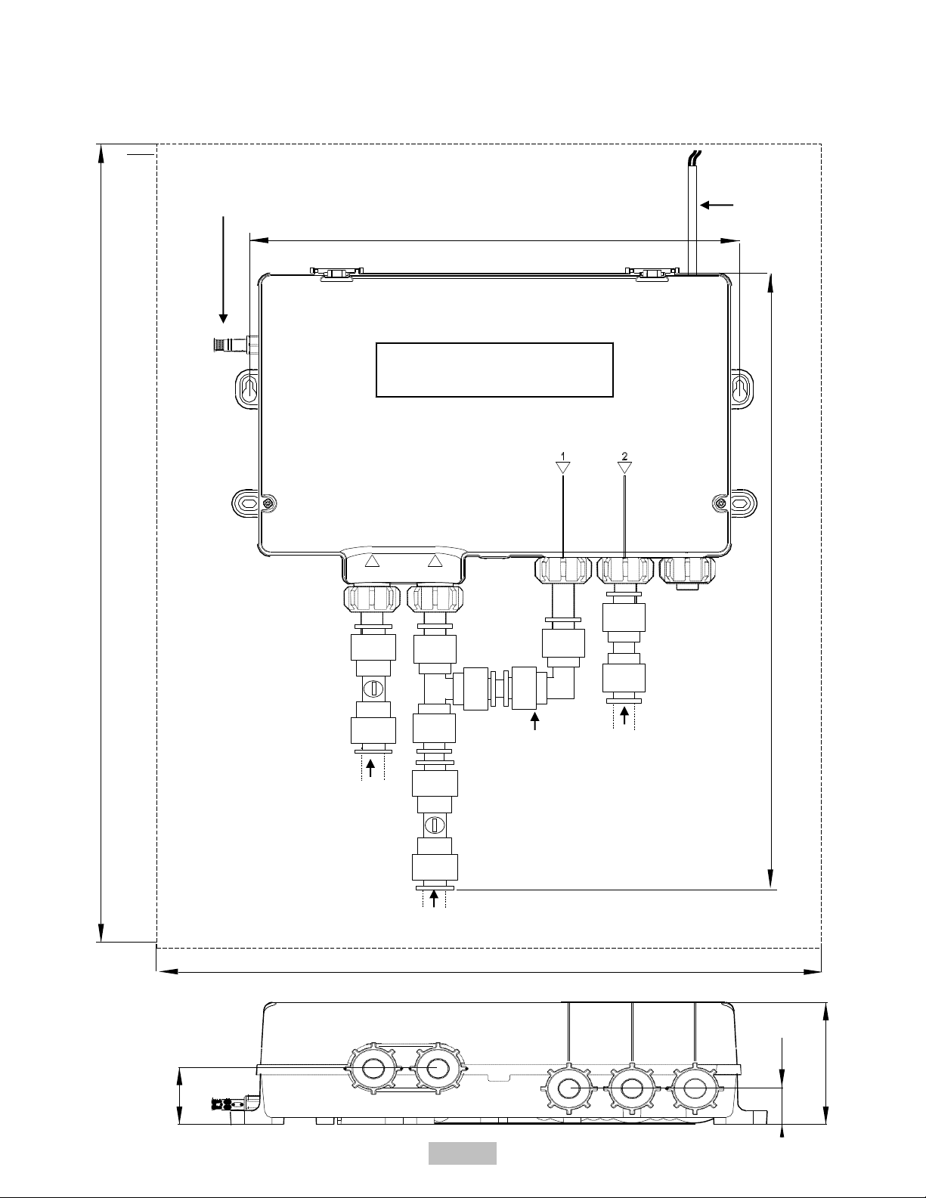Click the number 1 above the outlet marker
(x=562, y=456)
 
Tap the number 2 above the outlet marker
(x=624, y=456)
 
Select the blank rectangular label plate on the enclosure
(x=494, y=370)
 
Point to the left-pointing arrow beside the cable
(x=717, y=205)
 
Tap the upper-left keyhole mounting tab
(x=248, y=389)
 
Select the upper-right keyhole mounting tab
(x=742, y=389)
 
